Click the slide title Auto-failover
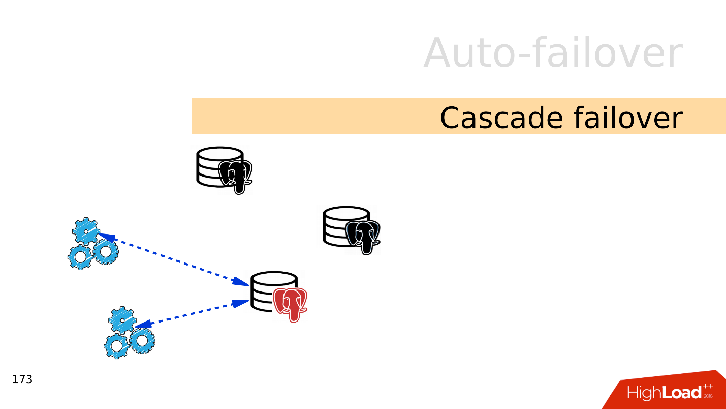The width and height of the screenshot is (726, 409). [553, 53]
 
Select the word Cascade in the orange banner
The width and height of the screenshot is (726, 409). [501, 118]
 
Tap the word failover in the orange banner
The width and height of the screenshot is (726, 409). [628, 118]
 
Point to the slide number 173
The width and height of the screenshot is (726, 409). [22, 379]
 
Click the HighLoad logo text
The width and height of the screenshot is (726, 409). [665, 392]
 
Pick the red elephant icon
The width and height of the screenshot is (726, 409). [290, 304]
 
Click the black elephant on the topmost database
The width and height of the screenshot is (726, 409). [236, 177]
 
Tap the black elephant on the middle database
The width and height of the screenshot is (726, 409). [363, 236]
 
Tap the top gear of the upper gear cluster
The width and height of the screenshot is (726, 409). [86, 231]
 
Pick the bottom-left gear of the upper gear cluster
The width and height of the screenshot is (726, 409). [80, 257]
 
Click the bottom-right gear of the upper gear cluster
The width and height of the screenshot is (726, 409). [106, 251]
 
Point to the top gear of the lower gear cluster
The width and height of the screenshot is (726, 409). [122, 320]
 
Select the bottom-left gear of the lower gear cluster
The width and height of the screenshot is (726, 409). [116, 346]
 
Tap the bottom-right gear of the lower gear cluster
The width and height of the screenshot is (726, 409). [142, 340]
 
